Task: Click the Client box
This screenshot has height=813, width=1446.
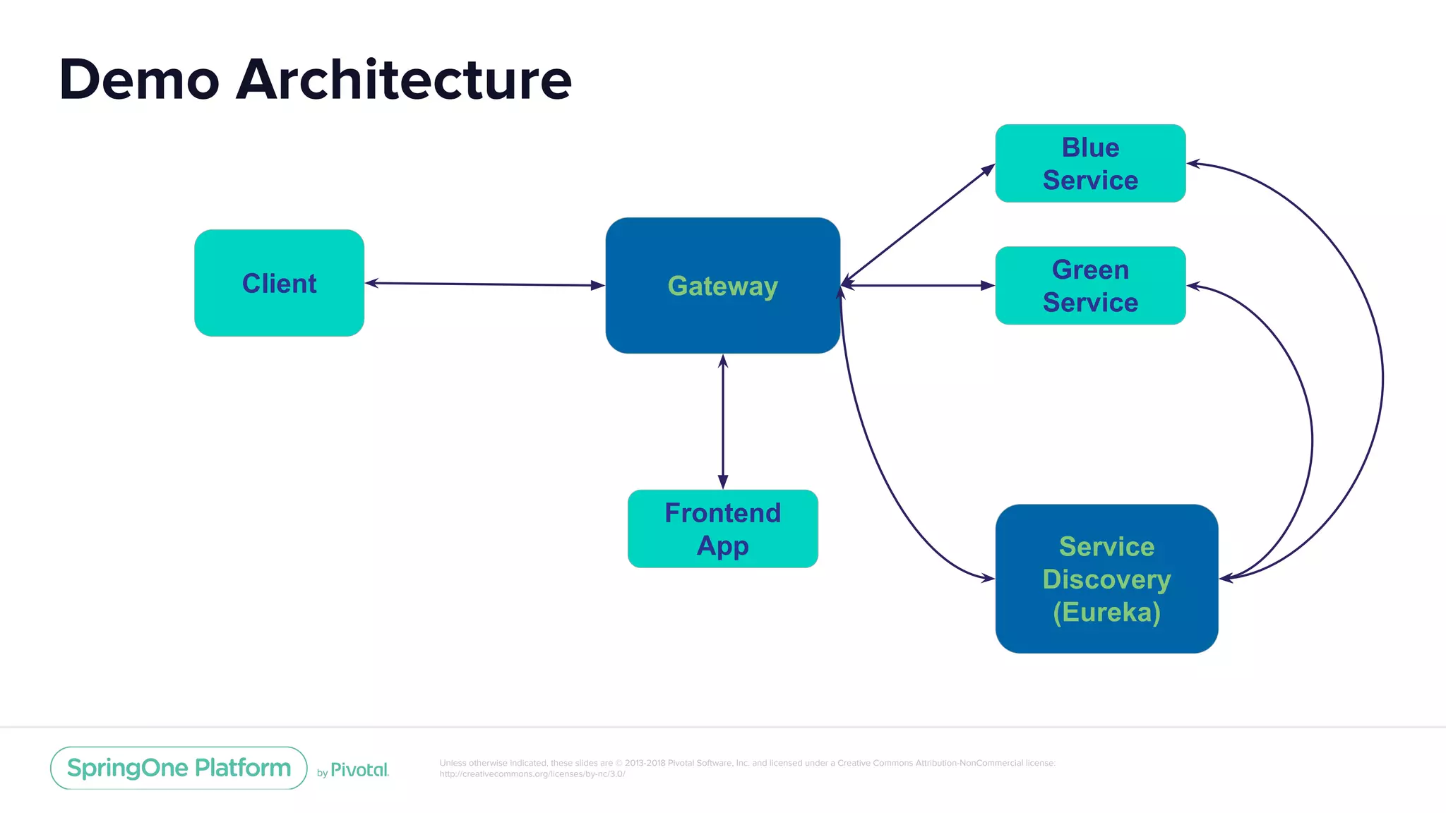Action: (279, 283)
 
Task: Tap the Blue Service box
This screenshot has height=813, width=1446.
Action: (1090, 163)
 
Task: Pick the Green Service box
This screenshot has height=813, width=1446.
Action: (1090, 285)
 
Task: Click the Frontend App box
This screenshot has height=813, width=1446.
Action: (722, 529)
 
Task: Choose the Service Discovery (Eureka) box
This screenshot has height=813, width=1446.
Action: (1106, 579)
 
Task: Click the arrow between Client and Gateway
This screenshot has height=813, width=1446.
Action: (484, 284)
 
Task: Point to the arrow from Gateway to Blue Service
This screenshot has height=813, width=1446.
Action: (918, 224)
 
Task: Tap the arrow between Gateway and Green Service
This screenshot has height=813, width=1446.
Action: (918, 286)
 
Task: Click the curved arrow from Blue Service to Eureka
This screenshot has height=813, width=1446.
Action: (1382, 374)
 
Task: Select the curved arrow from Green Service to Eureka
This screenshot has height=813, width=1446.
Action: (1311, 438)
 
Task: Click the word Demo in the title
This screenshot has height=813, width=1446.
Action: (139, 79)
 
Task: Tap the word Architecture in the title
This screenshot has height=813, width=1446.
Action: (403, 79)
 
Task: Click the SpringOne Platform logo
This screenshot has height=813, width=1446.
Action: (179, 768)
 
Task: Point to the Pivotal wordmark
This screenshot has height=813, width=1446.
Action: (359, 770)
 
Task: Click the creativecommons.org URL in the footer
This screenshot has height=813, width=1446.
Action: (532, 774)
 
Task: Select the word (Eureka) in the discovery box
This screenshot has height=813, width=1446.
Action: (1106, 612)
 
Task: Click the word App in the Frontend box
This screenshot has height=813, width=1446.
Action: (722, 546)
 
